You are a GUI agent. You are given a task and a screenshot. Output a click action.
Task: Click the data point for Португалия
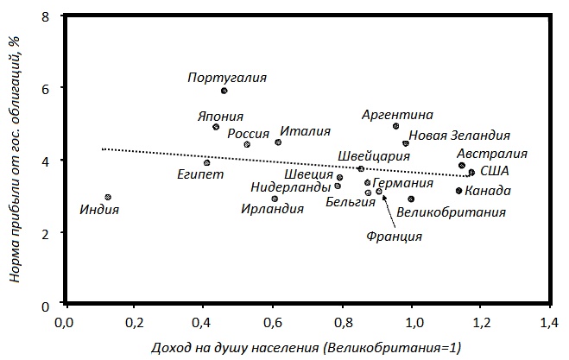(x=224, y=91)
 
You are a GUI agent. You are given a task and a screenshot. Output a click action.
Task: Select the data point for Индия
(x=108, y=198)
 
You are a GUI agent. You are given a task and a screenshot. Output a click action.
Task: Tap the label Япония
(x=220, y=117)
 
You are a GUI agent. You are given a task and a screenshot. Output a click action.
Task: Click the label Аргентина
(x=397, y=114)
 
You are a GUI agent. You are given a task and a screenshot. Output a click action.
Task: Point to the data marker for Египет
(x=207, y=162)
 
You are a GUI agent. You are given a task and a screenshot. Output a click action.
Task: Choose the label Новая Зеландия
(x=459, y=136)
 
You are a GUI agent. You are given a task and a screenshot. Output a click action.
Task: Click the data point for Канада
(x=459, y=191)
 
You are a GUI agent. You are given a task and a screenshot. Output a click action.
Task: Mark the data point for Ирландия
(x=275, y=199)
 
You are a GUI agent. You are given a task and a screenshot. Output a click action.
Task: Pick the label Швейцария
(x=374, y=156)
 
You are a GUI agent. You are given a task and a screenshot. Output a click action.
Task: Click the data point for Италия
(x=278, y=142)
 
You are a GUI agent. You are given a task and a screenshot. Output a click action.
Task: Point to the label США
(x=494, y=172)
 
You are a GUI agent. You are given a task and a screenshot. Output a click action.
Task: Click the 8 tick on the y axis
(x=44, y=16)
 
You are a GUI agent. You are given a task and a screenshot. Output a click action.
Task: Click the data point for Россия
(x=247, y=144)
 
